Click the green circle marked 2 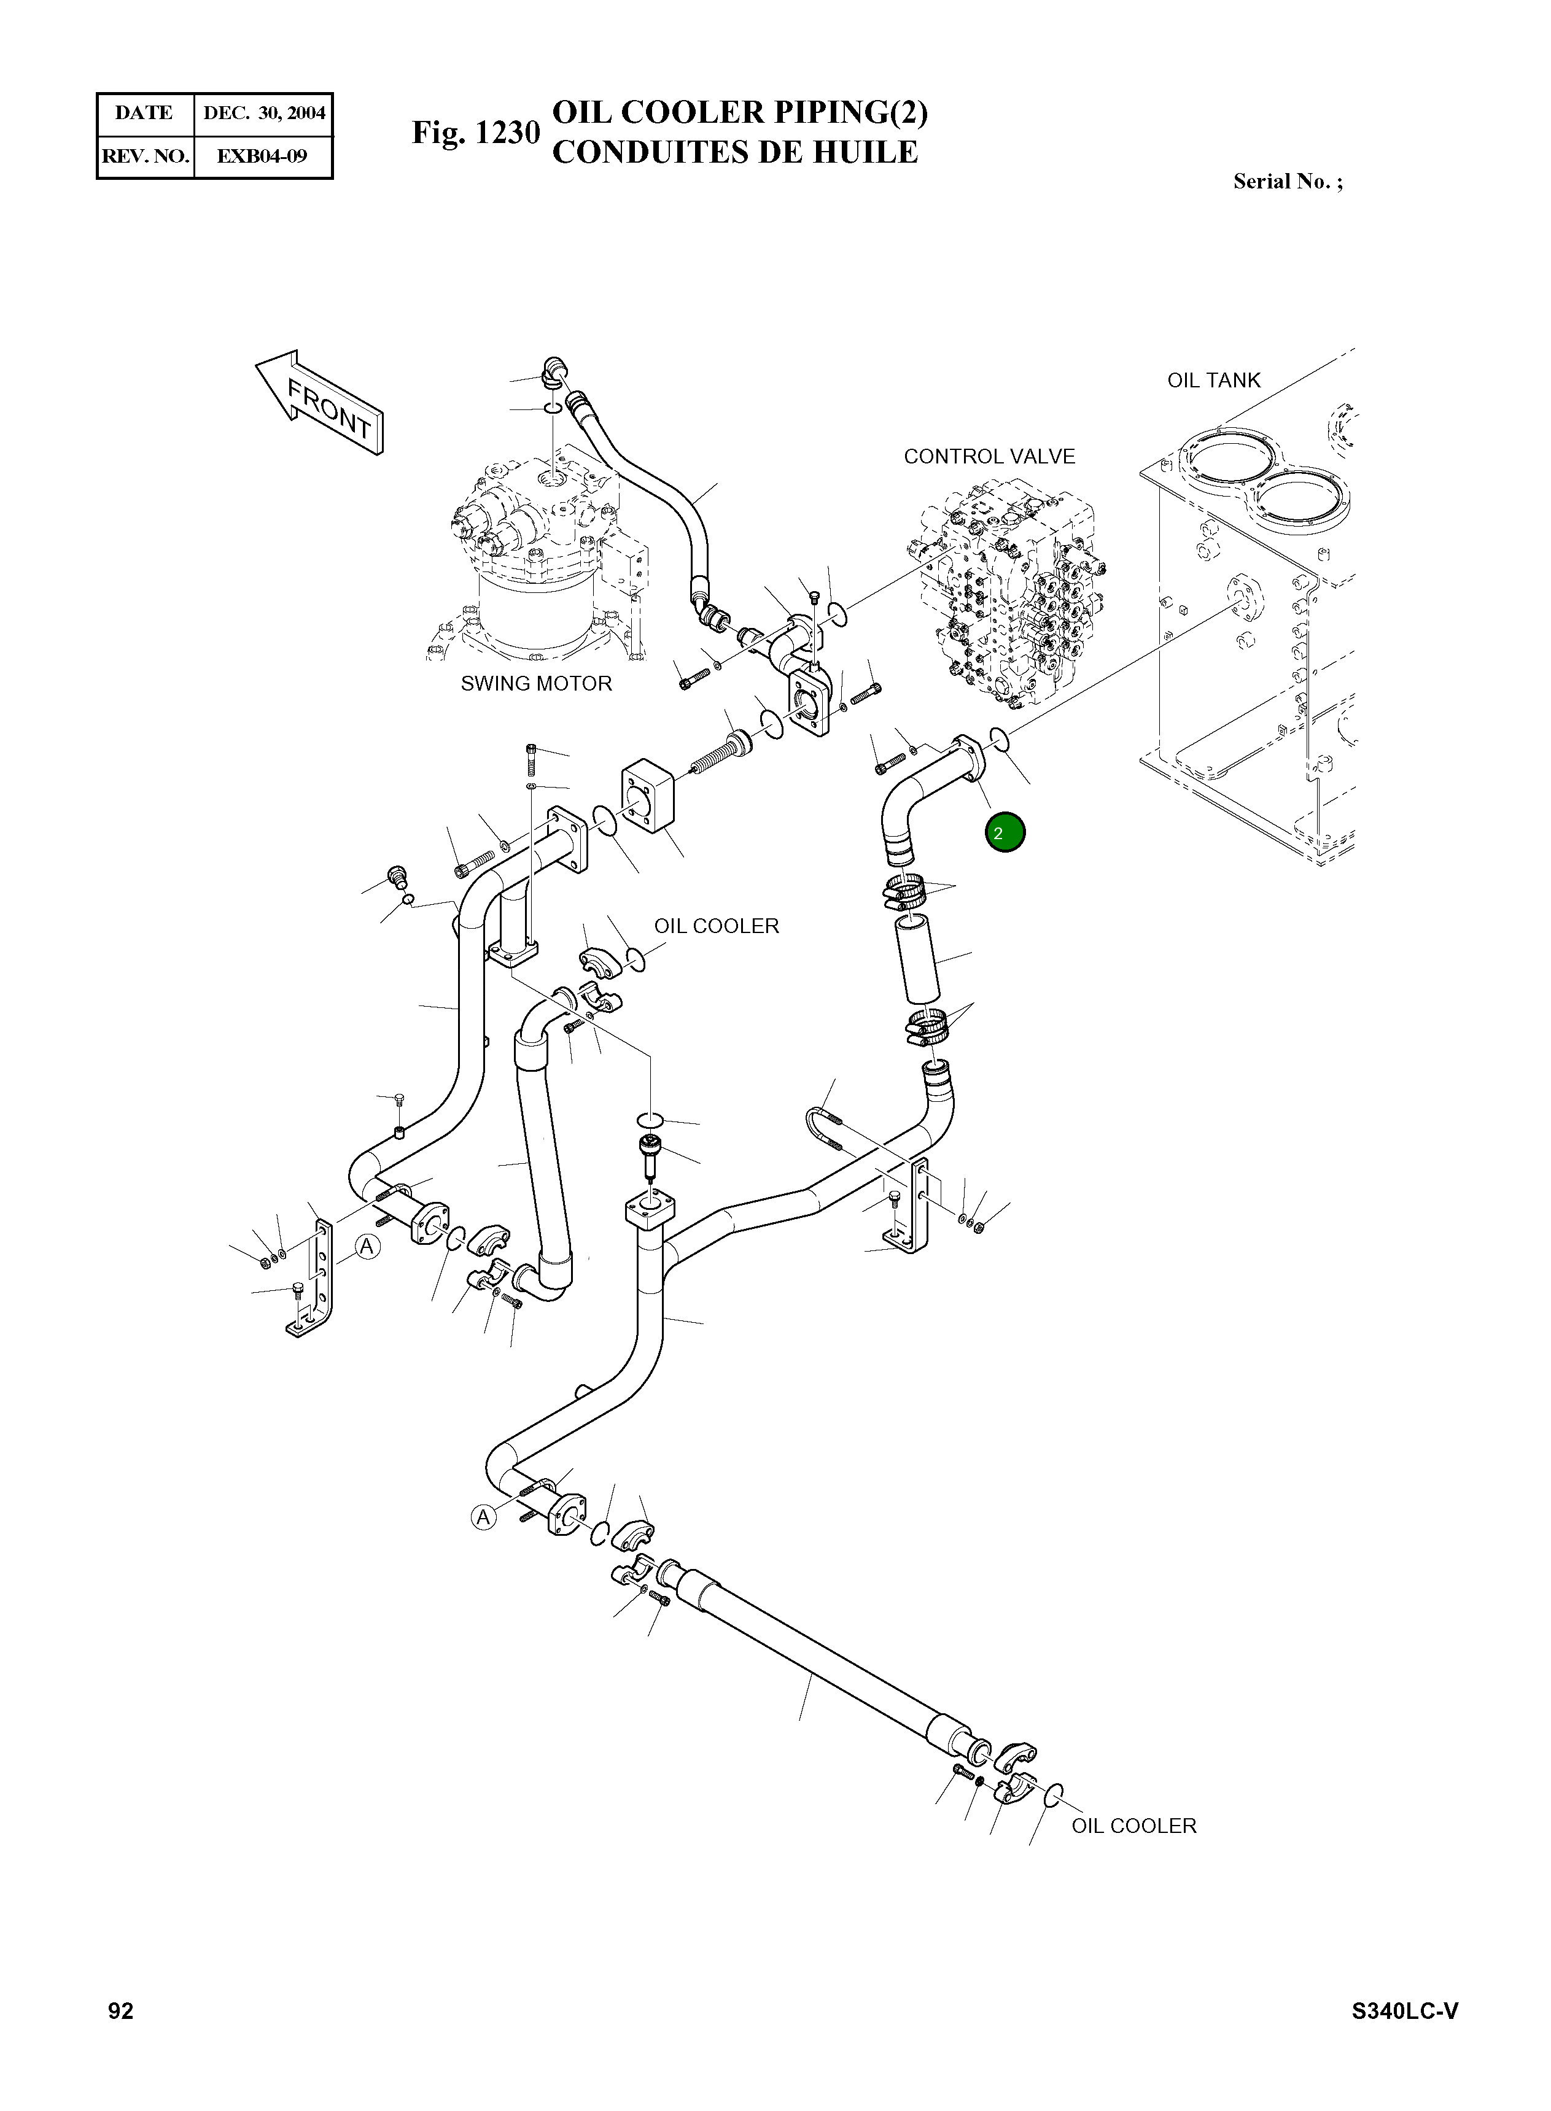point(1005,832)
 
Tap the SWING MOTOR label point(535,683)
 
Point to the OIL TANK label point(1213,380)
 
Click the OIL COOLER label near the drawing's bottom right point(1133,1826)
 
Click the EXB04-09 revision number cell point(262,156)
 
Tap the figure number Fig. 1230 point(475,133)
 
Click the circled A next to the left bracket point(367,1247)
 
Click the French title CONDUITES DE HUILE point(734,152)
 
